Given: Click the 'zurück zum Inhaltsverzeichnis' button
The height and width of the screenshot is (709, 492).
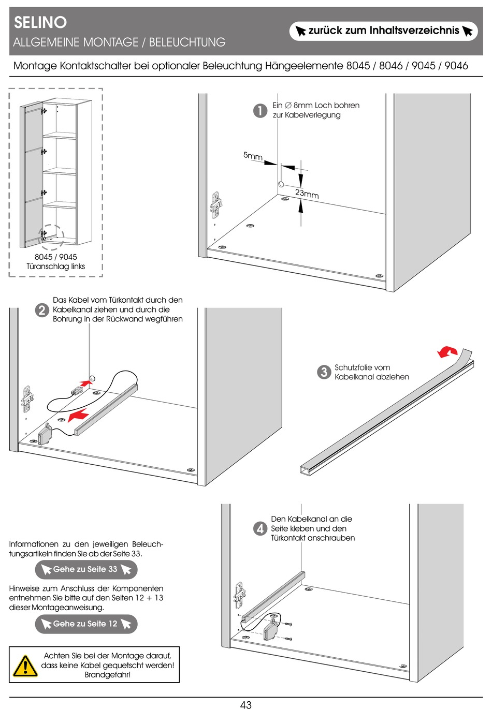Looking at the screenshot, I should (x=383, y=31).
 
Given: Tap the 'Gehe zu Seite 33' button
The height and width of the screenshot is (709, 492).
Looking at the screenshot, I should (x=86, y=570).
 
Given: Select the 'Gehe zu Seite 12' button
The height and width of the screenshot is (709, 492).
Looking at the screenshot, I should (x=86, y=624).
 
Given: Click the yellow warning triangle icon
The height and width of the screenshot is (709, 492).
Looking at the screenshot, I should (x=25, y=666).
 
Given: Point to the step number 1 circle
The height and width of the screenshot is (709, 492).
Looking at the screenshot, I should (x=260, y=111).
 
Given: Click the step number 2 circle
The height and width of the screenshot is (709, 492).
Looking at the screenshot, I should (x=42, y=311).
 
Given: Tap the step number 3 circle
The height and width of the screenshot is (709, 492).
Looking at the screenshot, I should (x=324, y=372).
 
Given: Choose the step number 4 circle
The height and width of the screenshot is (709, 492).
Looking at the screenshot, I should (x=260, y=529).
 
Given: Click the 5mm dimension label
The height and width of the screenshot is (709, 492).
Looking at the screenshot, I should (x=253, y=156).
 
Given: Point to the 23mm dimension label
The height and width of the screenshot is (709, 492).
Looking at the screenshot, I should (x=307, y=194).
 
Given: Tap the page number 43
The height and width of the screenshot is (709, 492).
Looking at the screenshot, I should (x=246, y=704).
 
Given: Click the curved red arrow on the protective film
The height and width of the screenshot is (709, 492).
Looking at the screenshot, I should (x=447, y=352).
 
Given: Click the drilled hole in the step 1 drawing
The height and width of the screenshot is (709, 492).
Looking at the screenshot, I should (x=281, y=184).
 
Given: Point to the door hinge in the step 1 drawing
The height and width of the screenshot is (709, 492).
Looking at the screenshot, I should (x=216, y=205).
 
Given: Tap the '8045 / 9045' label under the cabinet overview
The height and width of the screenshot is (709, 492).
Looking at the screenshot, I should (x=56, y=257).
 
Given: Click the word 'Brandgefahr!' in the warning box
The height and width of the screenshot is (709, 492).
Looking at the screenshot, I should (x=108, y=675).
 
